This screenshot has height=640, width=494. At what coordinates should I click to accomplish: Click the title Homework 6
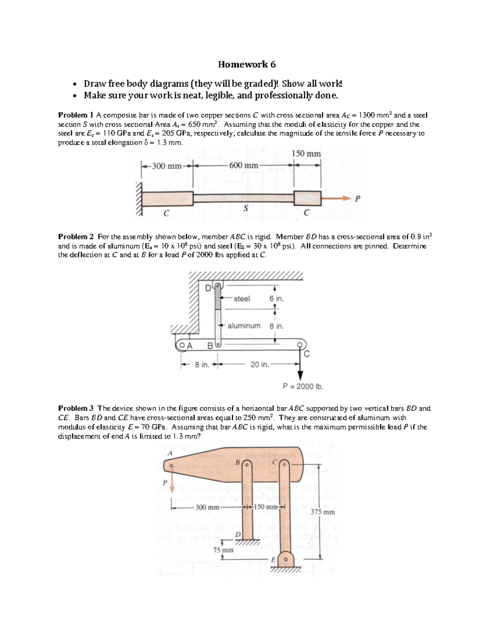247,64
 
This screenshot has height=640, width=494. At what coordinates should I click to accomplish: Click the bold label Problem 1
76,115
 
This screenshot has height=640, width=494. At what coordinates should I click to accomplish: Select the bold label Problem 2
76,237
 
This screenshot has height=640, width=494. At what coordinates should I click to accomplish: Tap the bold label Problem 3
76,408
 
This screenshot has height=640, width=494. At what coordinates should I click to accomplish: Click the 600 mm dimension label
244,166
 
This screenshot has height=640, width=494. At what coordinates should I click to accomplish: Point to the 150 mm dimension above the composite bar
306,154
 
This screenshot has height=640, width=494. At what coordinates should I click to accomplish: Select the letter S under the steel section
245,209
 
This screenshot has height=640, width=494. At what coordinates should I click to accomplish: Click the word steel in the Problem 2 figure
242,299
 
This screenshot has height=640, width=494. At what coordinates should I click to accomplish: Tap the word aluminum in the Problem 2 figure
244,326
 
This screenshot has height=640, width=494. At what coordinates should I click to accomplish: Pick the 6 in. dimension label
276,299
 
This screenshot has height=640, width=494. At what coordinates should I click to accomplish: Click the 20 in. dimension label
259,364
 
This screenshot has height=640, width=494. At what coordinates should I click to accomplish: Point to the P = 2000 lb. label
303,387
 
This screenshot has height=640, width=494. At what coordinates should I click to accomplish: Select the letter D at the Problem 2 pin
208,287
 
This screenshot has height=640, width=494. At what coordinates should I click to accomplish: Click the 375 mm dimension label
323,512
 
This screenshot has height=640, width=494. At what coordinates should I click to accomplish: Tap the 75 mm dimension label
223,550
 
